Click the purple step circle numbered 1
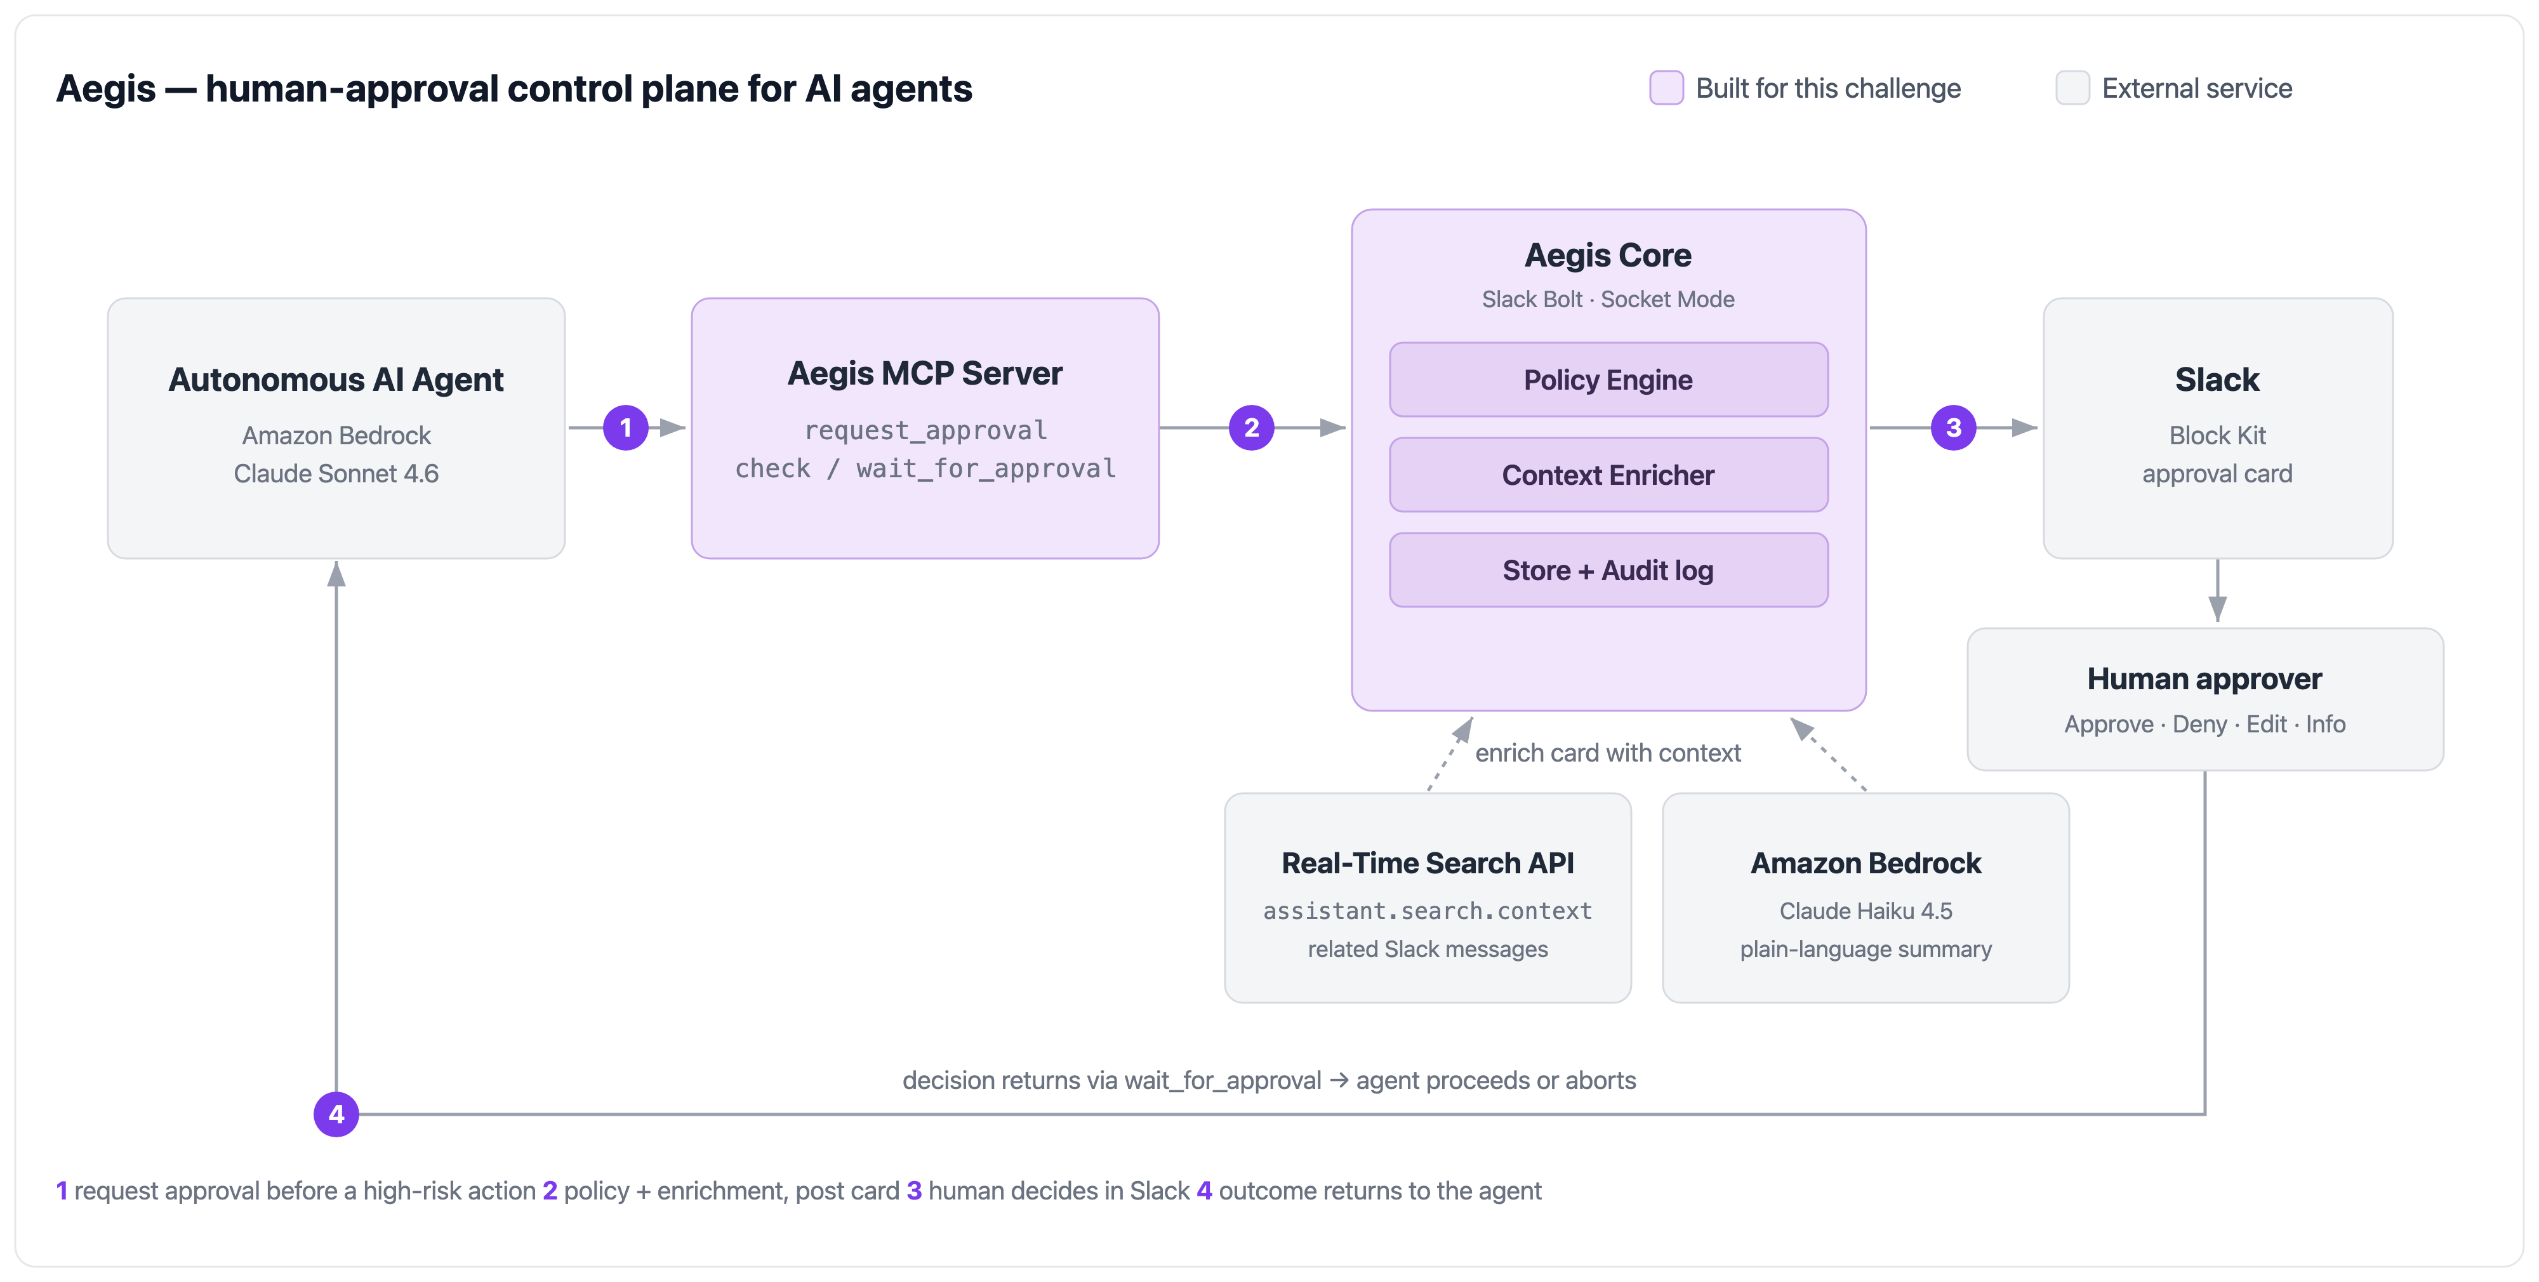[626, 428]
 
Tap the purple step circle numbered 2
[1252, 428]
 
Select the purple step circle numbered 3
[1954, 428]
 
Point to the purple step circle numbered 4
[336, 1114]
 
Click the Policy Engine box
[1608, 380]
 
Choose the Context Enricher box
[1608, 475]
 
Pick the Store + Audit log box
[1608, 569]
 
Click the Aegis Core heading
[1608, 255]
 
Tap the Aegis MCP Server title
[925, 373]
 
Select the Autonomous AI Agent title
[336, 380]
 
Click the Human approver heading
[2205, 679]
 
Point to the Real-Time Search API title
[1428, 863]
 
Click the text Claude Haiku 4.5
[1866, 911]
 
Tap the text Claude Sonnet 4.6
[336, 474]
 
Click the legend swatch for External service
[2073, 88]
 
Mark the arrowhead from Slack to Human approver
[2218, 609]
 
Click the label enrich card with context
[1608, 753]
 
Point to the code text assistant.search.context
[1428, 911]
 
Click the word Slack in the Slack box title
[2218, 380]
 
